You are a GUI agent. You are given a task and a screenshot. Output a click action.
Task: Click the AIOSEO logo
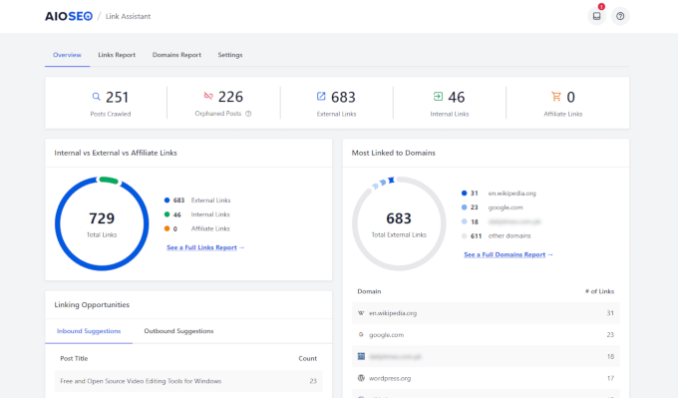coord(69,16)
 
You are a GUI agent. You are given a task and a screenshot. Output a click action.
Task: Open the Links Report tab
coord(117,55)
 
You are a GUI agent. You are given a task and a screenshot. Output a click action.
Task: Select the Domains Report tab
coord(176,55)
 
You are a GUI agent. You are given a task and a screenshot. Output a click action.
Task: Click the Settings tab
coord(230,55)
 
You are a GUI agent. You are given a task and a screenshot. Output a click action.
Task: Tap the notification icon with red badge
coord(597,16)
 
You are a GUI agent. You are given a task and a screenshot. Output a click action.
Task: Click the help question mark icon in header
coord(620,16)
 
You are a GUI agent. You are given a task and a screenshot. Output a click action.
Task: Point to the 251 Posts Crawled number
coord(118,97)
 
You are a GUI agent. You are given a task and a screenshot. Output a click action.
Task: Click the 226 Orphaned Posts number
coord(230,97)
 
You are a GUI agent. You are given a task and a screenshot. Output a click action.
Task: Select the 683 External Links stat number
coord(343,97)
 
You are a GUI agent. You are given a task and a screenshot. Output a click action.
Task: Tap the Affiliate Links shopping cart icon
coord(555,97)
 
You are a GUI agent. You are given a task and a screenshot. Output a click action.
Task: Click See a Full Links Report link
coord(204,246)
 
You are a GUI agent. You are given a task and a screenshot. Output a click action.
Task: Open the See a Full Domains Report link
coord(508,254)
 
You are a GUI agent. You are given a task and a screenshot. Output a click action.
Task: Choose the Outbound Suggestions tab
coord(178,330)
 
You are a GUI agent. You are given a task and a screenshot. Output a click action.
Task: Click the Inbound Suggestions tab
coord(90,330)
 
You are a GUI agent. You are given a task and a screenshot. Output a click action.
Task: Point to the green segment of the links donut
coord(108,181)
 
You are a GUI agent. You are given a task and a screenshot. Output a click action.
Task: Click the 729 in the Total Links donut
coord(102,217)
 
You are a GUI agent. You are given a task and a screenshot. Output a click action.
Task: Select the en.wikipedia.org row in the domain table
coord(393,312)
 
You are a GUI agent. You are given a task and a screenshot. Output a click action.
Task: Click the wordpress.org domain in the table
coord(391,379)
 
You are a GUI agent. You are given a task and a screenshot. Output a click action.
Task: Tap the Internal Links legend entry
coord(209,213)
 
